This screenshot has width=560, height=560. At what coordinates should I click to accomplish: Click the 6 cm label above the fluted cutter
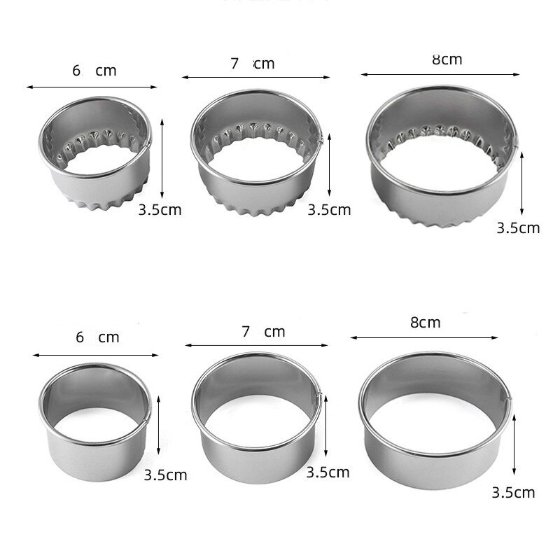tap(94, 70)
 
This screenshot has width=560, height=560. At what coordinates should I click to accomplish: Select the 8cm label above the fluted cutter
tap(447, 59)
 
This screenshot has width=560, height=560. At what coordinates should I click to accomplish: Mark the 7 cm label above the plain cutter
tap(262, 332)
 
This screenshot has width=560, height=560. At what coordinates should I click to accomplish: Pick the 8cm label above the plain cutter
tap(425, 323)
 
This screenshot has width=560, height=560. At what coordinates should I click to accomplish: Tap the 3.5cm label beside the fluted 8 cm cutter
tap(518, 227)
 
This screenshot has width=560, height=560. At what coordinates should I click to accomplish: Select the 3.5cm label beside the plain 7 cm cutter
tap(328, 472)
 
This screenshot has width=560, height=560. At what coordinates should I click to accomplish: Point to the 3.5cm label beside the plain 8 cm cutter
tap(514, 493)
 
